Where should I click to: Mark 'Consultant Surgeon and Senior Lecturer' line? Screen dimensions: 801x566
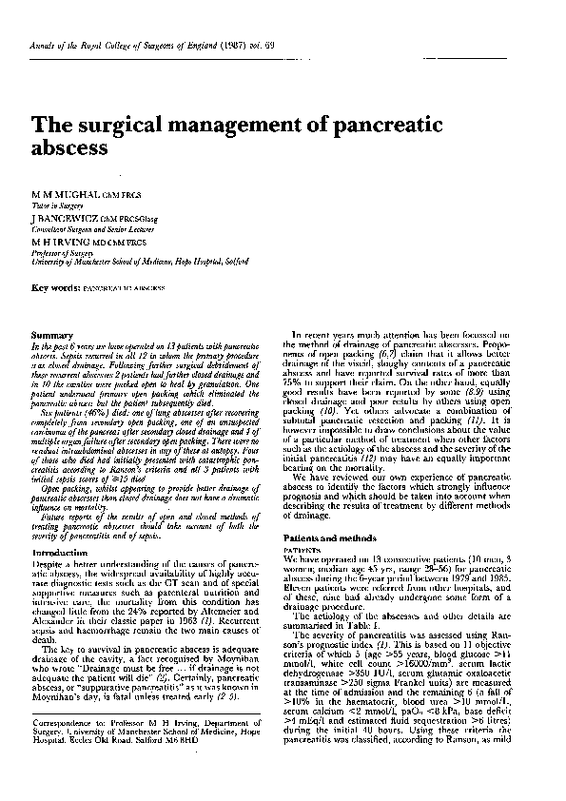pos(88,228)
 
